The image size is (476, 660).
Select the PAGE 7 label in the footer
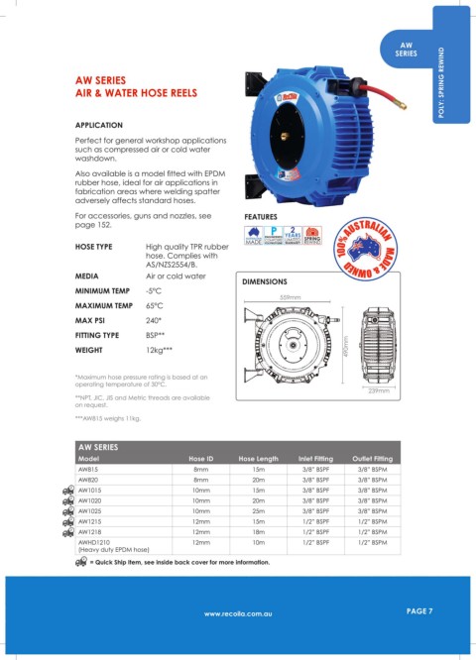click(x=419, y=611)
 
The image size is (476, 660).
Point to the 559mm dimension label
click(x=290, y=297)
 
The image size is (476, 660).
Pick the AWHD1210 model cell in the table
click(x=95, y=542)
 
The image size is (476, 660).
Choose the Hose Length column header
click(x=264, y=459)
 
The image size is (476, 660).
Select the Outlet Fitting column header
click(x=372, y=459)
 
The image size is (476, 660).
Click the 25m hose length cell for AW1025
click(x=258, y=510)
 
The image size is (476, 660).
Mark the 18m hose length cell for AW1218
click(x=258, y=531)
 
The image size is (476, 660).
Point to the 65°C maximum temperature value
click(x=155, y=306)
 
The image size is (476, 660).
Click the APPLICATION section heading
click(x=99, y=126)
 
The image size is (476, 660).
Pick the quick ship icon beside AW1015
click(x=67, y=490)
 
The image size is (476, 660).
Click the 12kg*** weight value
click(x=161, y=351)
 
